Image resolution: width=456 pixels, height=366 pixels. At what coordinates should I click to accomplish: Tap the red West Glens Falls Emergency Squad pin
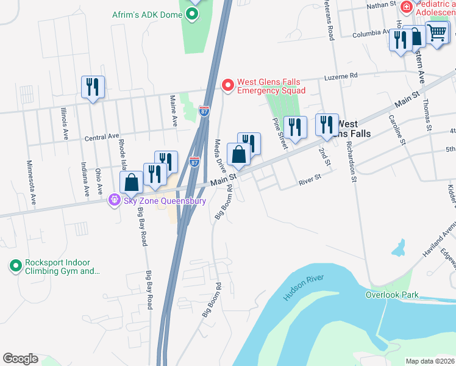[227, 85]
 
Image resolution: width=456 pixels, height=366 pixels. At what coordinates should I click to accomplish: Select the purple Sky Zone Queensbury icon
[113, 200]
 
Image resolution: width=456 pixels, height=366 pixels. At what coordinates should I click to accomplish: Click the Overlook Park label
[391, 295]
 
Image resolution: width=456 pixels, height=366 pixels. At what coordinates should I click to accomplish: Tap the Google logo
[20, 359]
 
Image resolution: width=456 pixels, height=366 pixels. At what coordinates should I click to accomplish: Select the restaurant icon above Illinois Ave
[93, 87]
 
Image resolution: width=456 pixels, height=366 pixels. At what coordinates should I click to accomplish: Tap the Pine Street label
[279, 133]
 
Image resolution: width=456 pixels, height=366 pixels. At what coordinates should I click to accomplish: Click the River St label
[309, 181]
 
